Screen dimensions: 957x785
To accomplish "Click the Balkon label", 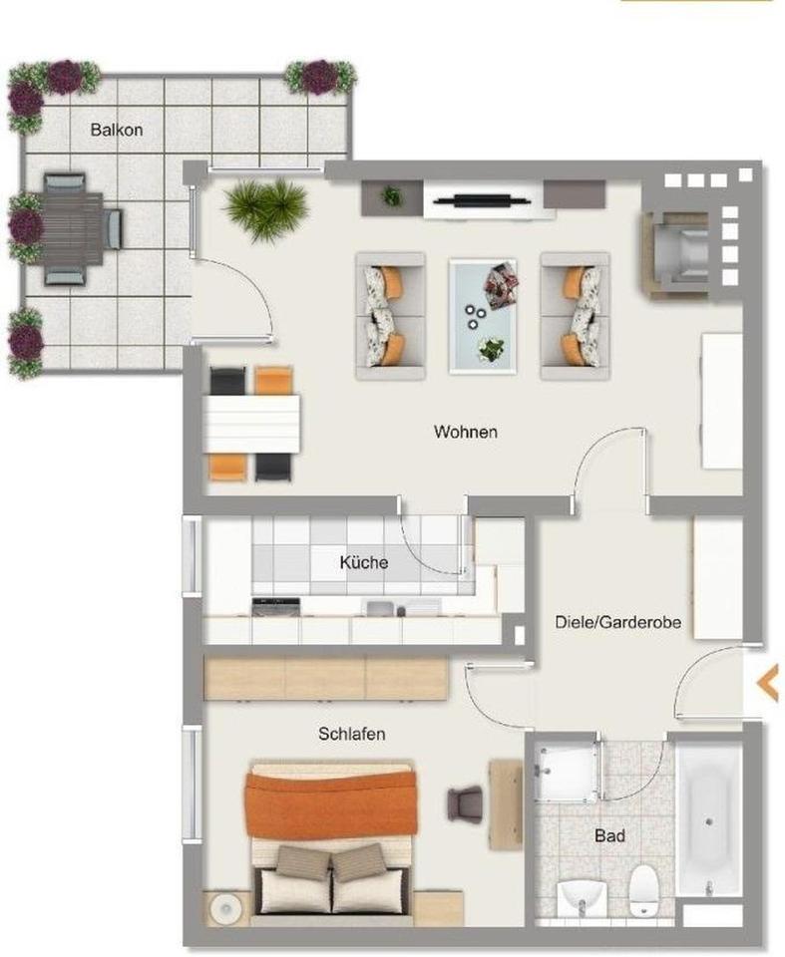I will point(117,130).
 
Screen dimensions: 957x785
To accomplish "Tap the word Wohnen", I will point(465,433).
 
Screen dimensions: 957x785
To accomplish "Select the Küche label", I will point(363,563).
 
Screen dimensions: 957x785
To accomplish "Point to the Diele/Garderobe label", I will point(617,622).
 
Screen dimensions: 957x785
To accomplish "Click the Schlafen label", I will point(351,735).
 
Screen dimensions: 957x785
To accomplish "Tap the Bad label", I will point(609,835).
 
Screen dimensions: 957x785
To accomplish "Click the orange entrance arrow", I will point(767,684).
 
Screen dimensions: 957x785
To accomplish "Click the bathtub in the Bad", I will point(709,817).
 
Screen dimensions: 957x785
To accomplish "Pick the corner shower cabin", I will point(565,770).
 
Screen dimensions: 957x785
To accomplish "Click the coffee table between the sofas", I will point(484,312).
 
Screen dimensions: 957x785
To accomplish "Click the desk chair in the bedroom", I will point(464,801).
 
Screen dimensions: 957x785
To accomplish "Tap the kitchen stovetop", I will point(276,606).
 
